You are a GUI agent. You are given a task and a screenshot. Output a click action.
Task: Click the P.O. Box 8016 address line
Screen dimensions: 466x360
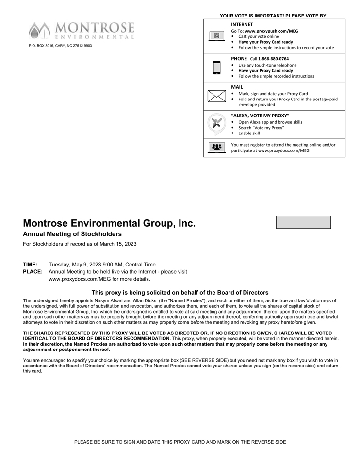pyautogui.click(x=60, y=46)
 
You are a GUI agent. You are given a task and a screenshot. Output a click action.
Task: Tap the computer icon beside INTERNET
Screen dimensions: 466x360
pyautogui.click(x=216, y=36)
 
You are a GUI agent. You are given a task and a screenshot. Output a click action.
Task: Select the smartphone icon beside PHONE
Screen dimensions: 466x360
pyautogui.click(x=216, y=67)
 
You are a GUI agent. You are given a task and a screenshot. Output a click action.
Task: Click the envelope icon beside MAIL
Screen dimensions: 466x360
pyautogui.click(x=216, y=96)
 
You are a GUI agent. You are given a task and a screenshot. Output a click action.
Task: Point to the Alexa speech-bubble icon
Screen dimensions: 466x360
pyautogui.click(x=216, y=124)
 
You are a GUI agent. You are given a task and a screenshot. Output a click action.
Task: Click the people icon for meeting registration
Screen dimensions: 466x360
pyautogui.click(x=216, y=147)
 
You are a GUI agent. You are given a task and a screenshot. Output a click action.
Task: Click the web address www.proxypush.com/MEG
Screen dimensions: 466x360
pyautogui.click(x=271, y=31)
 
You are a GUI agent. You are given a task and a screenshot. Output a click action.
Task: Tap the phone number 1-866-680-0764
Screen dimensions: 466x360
pyautogui.click(x=273, y=59)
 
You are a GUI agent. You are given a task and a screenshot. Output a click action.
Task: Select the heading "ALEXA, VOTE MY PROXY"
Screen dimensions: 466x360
pyautogui.click(x=260, y=116)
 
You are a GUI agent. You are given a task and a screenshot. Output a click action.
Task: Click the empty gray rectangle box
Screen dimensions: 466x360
pyautogui.click(x=303, y=222)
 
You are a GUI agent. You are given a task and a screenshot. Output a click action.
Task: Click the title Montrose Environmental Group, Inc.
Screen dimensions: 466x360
pyautogui.click(x=109, y=224)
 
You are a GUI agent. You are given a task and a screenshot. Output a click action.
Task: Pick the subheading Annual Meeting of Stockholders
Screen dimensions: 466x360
pyautogui.click(x=72, y=234)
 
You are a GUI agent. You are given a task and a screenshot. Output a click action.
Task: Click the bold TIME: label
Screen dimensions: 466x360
pyautogui.click(x=30, y=265)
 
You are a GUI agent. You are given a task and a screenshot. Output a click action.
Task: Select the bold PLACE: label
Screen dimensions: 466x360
pyautogui.click(x=33, y=272)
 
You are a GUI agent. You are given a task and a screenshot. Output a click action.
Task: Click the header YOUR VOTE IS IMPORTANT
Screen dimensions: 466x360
pyautogui.click(x=274, y=16)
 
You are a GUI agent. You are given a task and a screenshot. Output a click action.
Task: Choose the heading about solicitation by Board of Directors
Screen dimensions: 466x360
pyautogui.click(x=180, y=293)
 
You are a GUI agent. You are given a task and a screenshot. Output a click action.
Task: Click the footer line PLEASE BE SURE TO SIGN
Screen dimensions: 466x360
pyautogui.click(x=180, y=442)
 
